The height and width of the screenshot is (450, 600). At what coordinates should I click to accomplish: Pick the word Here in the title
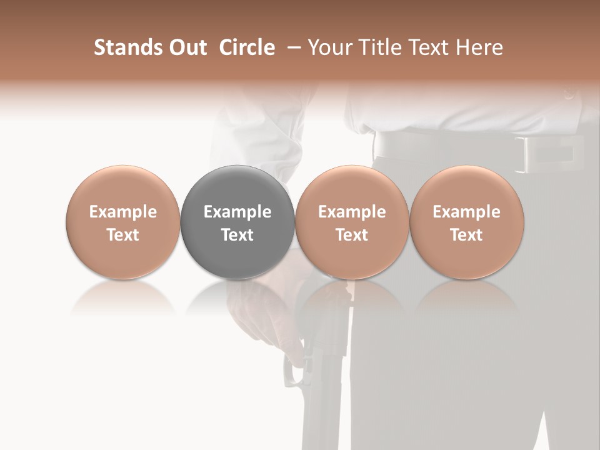(479, 47)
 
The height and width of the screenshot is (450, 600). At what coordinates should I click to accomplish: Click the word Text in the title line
(430, 47)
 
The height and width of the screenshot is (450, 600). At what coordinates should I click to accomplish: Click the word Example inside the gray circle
(237, 212)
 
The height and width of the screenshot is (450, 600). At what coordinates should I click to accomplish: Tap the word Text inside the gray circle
(237, 235)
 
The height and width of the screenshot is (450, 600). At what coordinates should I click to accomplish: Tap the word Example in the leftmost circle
(122, 212)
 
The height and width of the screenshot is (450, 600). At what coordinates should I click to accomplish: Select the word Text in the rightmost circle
(466, 235)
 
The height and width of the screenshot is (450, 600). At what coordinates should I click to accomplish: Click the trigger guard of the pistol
(292, 372)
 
